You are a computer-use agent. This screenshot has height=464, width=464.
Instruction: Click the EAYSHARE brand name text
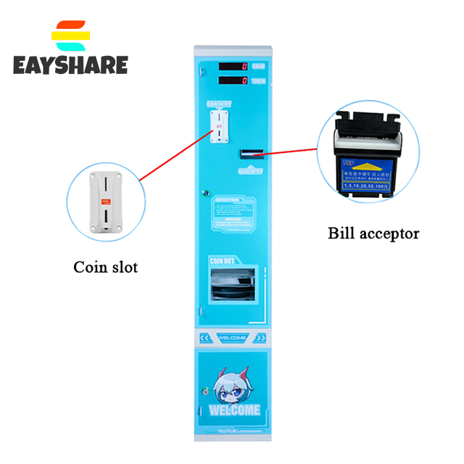tap(70, 65)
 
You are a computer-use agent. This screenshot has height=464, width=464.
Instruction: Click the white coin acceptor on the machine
tap(217, 128)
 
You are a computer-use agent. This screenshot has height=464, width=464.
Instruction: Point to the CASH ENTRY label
tap(249, 171)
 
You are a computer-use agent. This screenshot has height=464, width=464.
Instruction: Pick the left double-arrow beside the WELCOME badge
tap(204, 338)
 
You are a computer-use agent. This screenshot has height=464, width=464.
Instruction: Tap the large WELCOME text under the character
tap(233, 410)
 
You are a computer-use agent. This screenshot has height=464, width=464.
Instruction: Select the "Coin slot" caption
tap(106, 267)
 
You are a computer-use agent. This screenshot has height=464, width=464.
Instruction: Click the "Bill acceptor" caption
tap(373, 233)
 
